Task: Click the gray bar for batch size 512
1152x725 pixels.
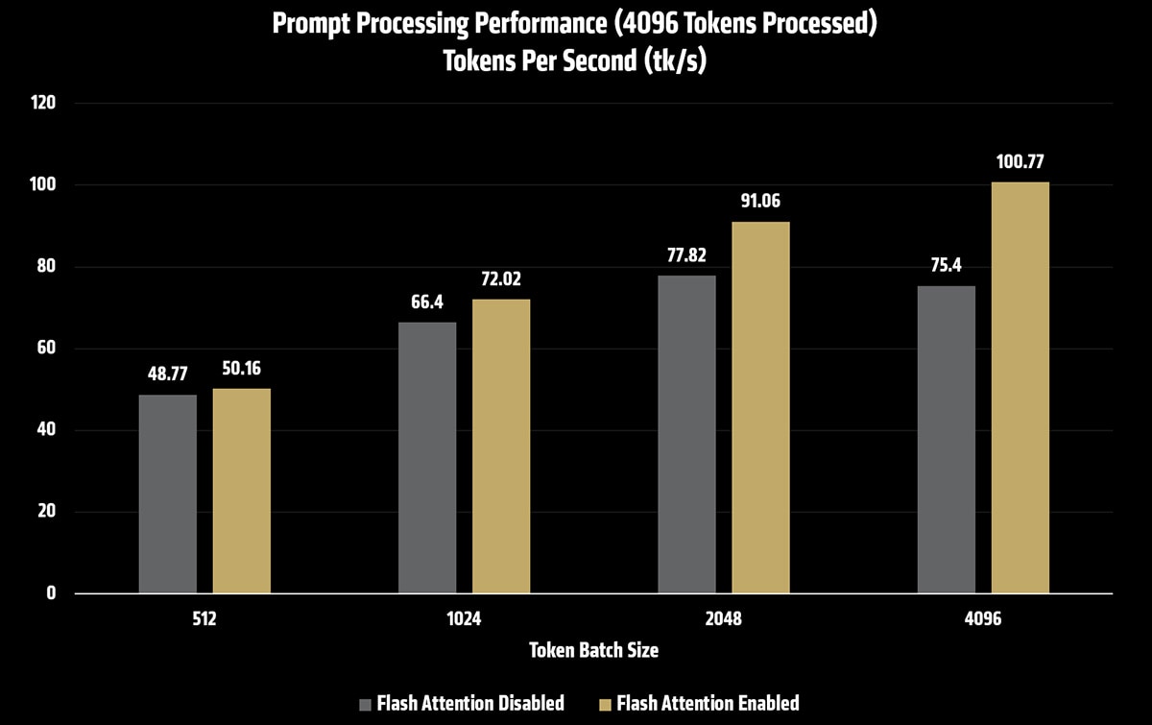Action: [168, 494]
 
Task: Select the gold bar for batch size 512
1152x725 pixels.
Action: [242, 491]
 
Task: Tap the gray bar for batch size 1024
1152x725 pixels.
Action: [427, 457]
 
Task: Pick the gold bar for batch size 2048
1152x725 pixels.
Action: [760, 407]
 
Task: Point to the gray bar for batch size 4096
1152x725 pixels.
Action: [947, 439]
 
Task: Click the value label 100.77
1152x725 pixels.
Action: [1020, 162]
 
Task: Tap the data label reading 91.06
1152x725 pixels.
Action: [760, 203]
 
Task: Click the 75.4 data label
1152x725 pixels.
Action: [947, 266]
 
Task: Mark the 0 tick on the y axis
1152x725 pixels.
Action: [51, 593]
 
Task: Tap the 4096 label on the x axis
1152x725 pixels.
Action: [983, 619]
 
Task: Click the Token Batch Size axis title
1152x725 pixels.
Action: [594, 650]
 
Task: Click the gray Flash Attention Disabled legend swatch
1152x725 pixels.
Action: [364, 703]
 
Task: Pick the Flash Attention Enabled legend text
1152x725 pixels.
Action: [708, 703]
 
